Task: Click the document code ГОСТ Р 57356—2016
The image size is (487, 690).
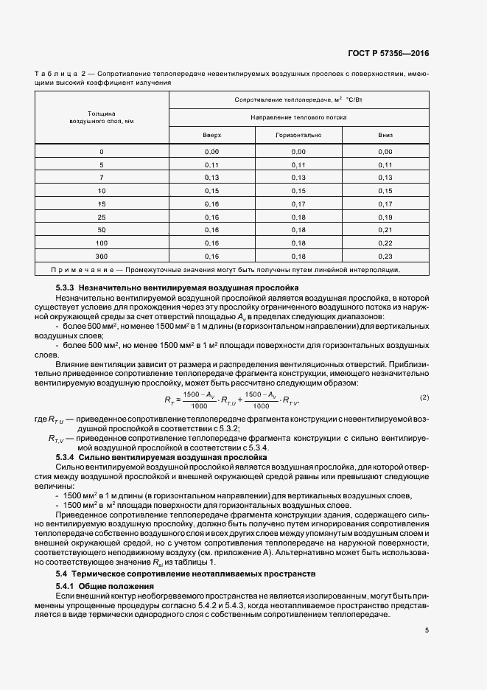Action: pyautogui.click(x=389, y=53)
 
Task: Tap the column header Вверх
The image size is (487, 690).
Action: pyautogui.click(x=212, y=136)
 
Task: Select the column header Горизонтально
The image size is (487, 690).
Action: pyautogui.click(x=298, y=136)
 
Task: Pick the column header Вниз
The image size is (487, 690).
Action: pyautogui.click(x=385, y=136)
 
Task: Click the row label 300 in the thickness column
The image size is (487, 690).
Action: pyautogui.click(x=102, y=255)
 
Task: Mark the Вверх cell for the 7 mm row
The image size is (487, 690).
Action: pyautogui.click(x=212, y=177)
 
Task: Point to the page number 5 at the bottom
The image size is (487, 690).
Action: pyautogui.click(x=427, y=630)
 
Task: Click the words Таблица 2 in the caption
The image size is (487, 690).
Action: pyautogui.click(x=63, y=74)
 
